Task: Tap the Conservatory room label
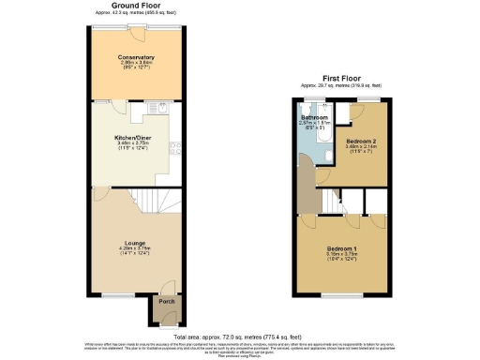[x=137, y=58]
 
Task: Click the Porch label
[x=166, y=302]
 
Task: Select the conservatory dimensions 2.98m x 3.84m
[x=137, y=65]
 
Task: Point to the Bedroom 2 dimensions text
[x=360, y=147]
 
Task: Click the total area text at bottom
[x=239, y=336]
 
